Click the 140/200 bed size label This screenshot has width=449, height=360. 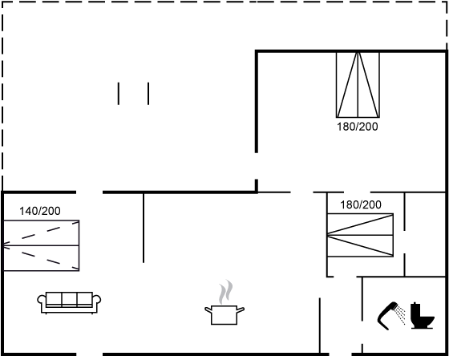pyautogui.click(x=40, y=211)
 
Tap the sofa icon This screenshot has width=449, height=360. pyautogui.click(x=69, y=303)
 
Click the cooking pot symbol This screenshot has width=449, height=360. pyautogui.click(x=224, y=315)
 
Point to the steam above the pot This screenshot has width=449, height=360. pyautogui.click(x=225, y=292)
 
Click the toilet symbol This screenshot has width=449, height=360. pyautogui.click(x=423, y=316)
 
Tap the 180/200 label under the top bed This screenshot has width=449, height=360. pyautogui.click(x=358, y=127)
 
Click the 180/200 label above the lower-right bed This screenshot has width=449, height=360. pyautogui.click(x=361, y=204)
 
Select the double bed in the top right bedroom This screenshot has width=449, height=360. pyautogui.click(x=358, y=85)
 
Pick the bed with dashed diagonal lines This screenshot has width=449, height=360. pyautogui.click(x=41, y=245)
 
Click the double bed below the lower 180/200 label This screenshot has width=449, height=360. pyautogui.click(x=360, y=235)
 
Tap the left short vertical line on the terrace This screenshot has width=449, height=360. pyautogui.click(x=119, y=94)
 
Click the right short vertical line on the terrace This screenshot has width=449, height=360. pyautogui.click(x=148, y=94)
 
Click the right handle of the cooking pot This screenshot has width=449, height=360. pyautogui.click(x=241, y=309)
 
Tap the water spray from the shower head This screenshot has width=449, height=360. pyautogui.click(x=401, y=314)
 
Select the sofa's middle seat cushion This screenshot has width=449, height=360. pyautogui.click(x=69, y=299)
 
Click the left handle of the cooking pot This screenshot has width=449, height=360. pyautogui.click(x=208, y=309)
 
